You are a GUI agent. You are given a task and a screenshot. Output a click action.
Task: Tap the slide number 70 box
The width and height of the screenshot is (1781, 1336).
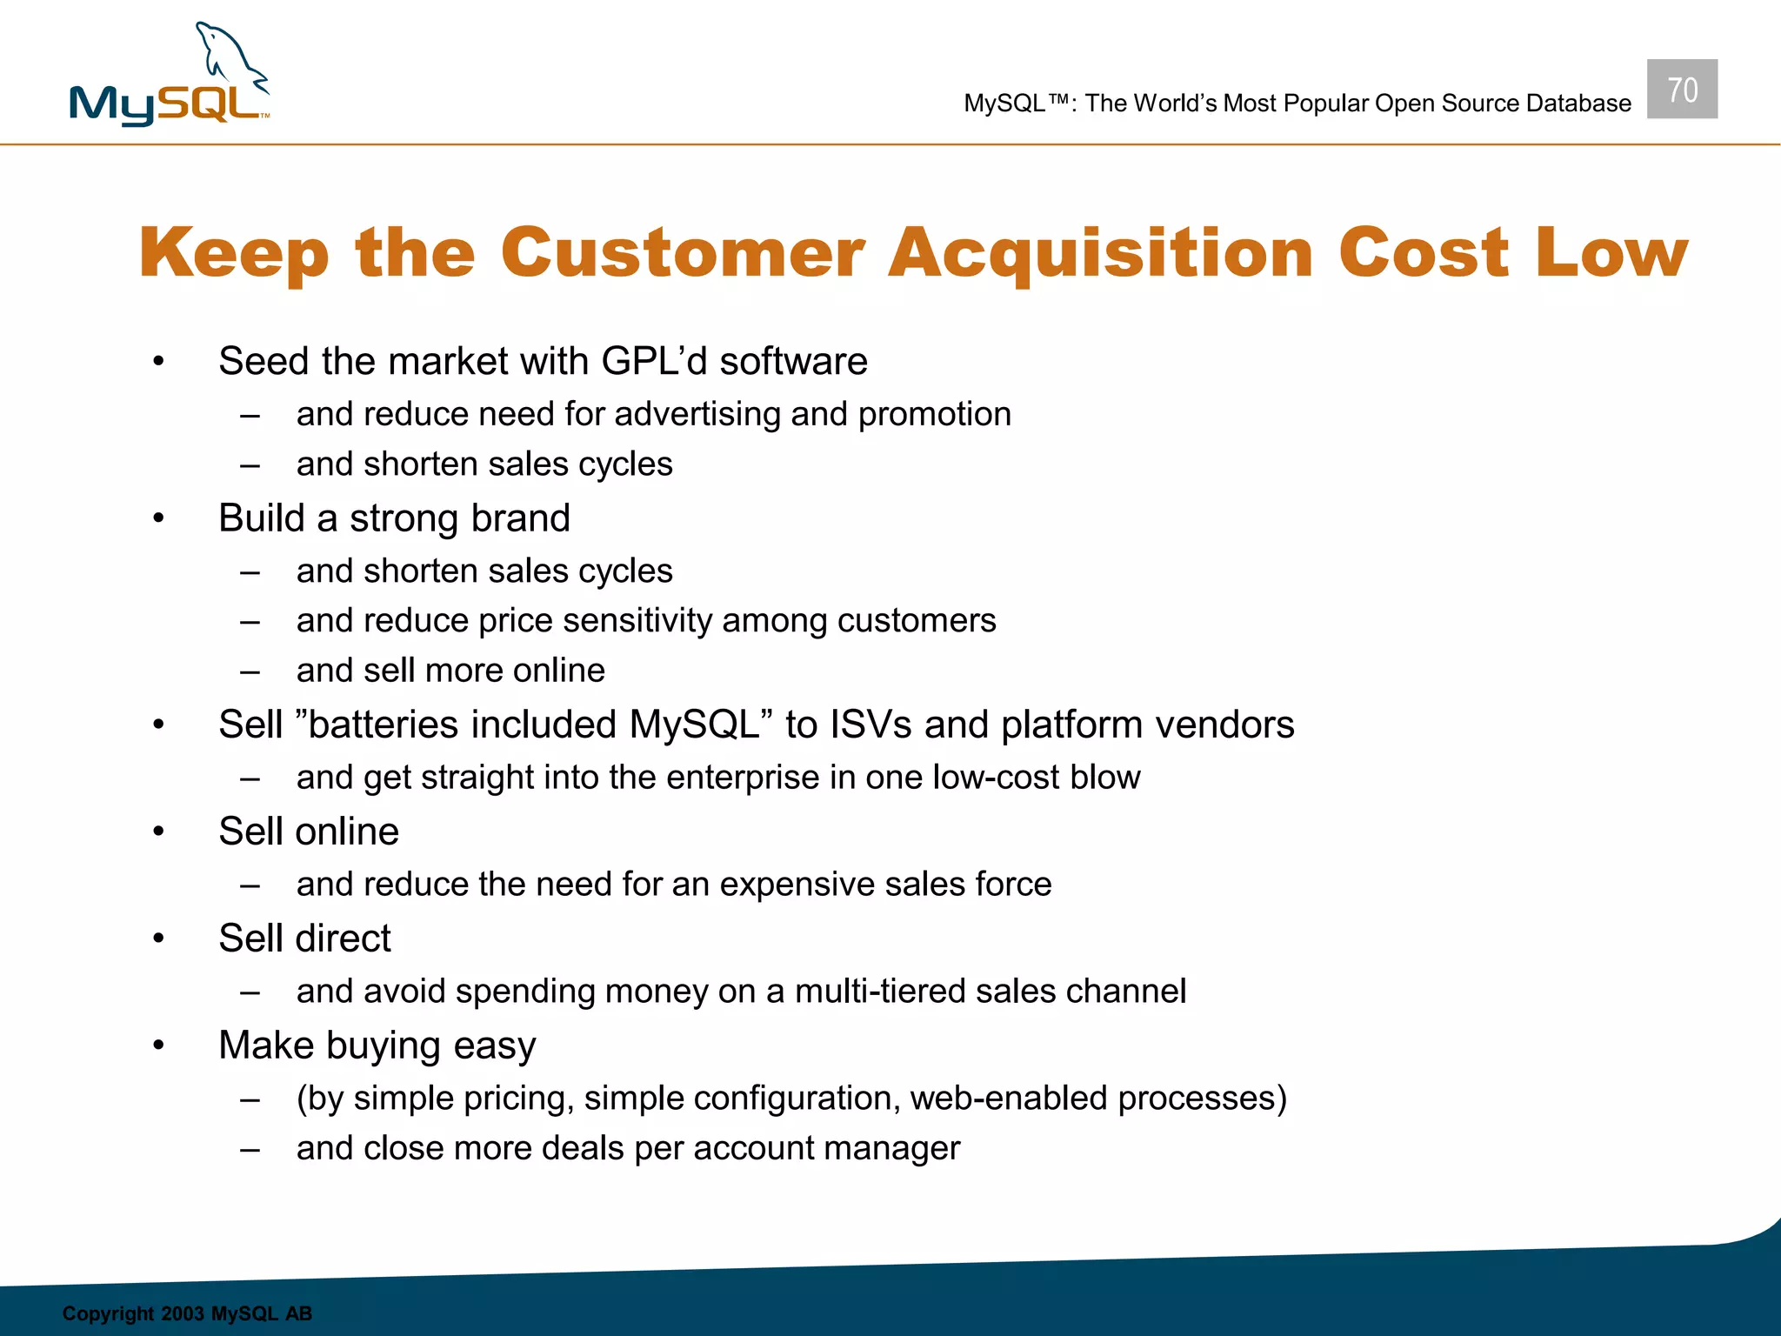pyautogui.click(x=1682, y=90)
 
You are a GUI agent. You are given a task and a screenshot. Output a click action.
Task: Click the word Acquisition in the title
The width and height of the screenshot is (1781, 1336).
pyautogui.click(x=1100, y=253)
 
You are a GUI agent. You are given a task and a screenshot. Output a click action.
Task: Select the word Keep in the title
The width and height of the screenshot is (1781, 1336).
pyautogui.click(x=234, y=253)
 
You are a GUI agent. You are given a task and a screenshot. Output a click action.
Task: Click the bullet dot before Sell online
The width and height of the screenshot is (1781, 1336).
pyautogui.click(x=158, y=832)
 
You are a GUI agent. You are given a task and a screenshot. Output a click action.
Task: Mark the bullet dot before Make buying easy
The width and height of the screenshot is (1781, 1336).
pyautogui.click(x=158, y=1045)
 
